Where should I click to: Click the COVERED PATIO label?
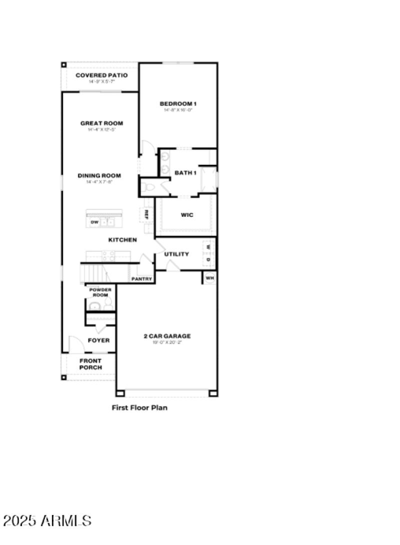(x=101, y=75)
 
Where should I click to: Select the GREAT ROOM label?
(x=101, y=123)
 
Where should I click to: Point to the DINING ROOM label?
(x=99, y=175)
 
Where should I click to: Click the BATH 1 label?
(x=185, y=173)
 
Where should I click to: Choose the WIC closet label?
(x=186, y=215)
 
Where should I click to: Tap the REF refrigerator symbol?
(x=146, y=214)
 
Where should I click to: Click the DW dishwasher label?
(x=94, y=222)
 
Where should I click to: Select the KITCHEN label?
(x=122, y=240)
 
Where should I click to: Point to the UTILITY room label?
(x=176, y=254)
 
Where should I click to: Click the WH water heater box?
(x=209, y=278)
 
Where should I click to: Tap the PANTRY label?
(x=141, y=279)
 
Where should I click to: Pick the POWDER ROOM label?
(x=100, y=293)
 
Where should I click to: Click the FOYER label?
(x=98, y=341)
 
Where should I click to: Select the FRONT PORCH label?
(x=90, y=364)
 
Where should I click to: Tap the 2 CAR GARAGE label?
(x=167, y=336)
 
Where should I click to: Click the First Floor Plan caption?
(x=139, y=408)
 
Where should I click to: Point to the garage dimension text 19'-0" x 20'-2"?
(x=167, y=343)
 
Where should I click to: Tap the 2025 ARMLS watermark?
(x=47, y=520)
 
